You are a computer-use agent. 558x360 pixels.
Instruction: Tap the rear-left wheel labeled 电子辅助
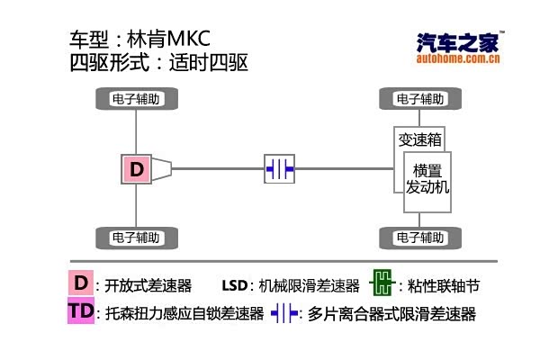(137, 238)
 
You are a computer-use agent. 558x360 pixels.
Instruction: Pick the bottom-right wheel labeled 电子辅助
(419, 238)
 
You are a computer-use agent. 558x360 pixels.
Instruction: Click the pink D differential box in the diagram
(136, 168)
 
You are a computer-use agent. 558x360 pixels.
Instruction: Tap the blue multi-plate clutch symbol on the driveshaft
(279, 168)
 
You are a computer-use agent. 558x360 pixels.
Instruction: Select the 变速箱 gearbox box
(419, 139)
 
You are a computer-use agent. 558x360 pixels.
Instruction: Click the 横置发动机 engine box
(427, 178)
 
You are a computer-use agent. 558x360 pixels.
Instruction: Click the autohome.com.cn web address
(459, 61)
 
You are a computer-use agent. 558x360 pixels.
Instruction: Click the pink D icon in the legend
(81, 283)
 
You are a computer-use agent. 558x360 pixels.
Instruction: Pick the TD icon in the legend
(81, 311)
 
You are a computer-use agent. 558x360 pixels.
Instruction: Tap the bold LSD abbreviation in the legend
(235, 286)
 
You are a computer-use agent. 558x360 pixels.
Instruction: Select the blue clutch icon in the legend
(284, 313)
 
